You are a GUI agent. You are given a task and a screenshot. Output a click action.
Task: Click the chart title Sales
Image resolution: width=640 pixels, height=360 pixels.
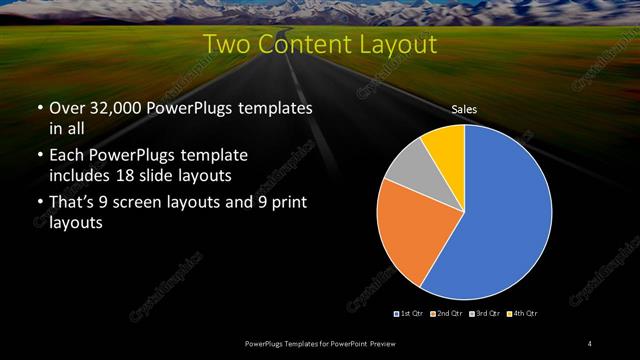[x=463, y=109]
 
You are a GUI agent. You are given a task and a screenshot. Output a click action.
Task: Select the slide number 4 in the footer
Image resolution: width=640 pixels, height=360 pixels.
[x=590, y=344]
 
